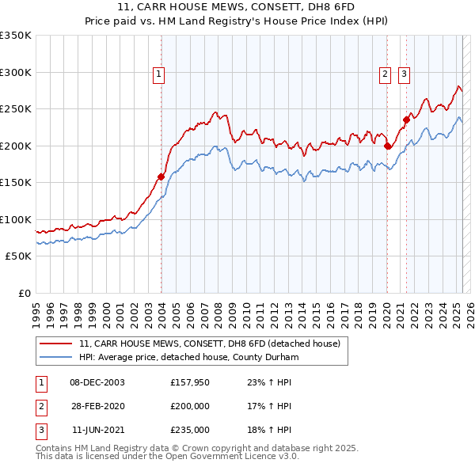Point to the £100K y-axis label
tap(16, 219)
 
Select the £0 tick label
tap(24, 293)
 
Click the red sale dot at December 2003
tap(161, 177)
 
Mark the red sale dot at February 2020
tap(387, 146)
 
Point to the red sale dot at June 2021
tap(406, 120)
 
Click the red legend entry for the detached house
tap(210, 344)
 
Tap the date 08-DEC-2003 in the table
tap(97, 382)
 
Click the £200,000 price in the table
tap(189, 406)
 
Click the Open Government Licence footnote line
tap(168, 457)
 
